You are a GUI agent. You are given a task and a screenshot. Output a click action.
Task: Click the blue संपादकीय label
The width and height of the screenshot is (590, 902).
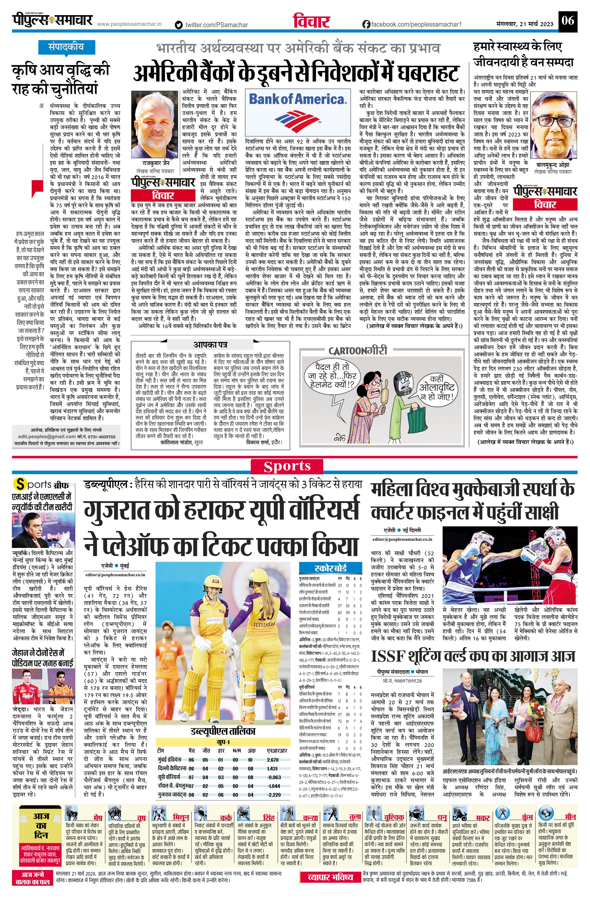[66, 47]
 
